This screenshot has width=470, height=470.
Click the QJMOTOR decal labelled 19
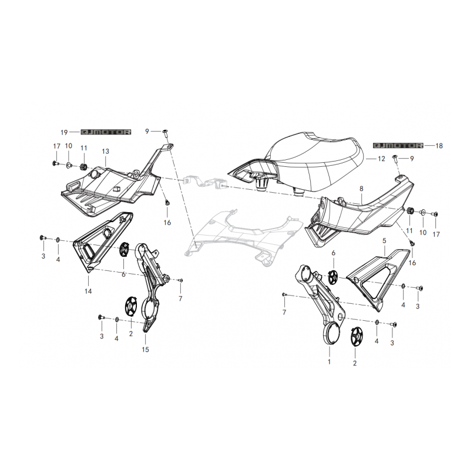pyautogui.click(x=106, y=132)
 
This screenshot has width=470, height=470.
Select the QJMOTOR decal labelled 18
pyautogui.click(x=398, y=145)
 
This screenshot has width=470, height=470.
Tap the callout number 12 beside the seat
pyautogui.click(x=381, y=159)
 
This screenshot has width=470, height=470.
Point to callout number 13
pyautogui.click(x=106, y=152)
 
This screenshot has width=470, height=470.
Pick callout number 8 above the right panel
pyautogui.click(x=361, y=189)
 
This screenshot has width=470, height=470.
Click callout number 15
pyautogui.click(x=145, y=350)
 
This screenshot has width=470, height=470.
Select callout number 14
pyautogui.click(x=88, y=291)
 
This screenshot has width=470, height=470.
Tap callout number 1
pyautogui.click(x=329, y=362)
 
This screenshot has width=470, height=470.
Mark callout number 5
pyautogui.click(x=384, y=241)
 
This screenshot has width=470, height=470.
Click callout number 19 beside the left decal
pyautogui.click(x=64, y=133)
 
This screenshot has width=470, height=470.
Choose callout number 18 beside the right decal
pyautogui.click(x=439, y=146)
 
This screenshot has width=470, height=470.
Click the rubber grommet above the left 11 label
pyautogui.click(x=84, y=167)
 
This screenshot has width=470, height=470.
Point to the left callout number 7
pyautogui.click(x=180, y=298)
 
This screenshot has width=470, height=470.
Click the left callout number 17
pyautogui.click(x=56, y=146)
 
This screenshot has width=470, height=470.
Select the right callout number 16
pyautogui.click(x=412, y=263)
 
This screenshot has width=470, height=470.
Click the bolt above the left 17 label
pyautogui.click(x=55, y=163)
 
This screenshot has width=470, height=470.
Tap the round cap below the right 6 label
pyautogui.click(x=333, y=277)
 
